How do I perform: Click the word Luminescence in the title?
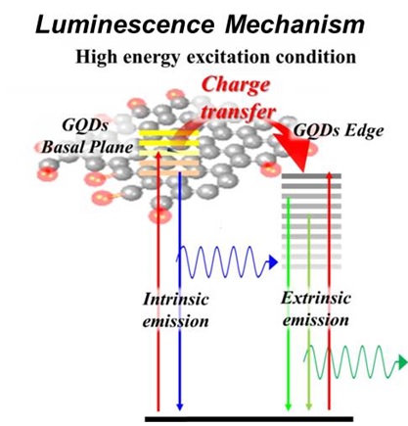click(125, 24)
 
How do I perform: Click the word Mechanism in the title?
click(295, 24)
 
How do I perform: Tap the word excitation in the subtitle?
click(228, 57)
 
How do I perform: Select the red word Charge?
click(236, 86)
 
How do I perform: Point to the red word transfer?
click(239, 111)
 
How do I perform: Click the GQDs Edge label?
click(339, 130)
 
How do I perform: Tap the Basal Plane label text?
click(87, 147)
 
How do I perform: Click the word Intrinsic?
click(176, 299)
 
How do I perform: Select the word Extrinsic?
click(316, 298)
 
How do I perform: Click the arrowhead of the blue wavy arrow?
click(273, 262)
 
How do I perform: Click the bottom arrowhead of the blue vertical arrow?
click(180, 406)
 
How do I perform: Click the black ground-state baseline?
click(249, 419)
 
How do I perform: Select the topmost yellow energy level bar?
click(169, 133)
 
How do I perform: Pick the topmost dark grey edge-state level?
click(311, 176)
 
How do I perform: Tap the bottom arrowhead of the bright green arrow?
click(288, 406)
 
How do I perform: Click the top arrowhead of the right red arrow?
click(329, 175)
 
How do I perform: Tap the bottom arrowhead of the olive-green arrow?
click(309, 406)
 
